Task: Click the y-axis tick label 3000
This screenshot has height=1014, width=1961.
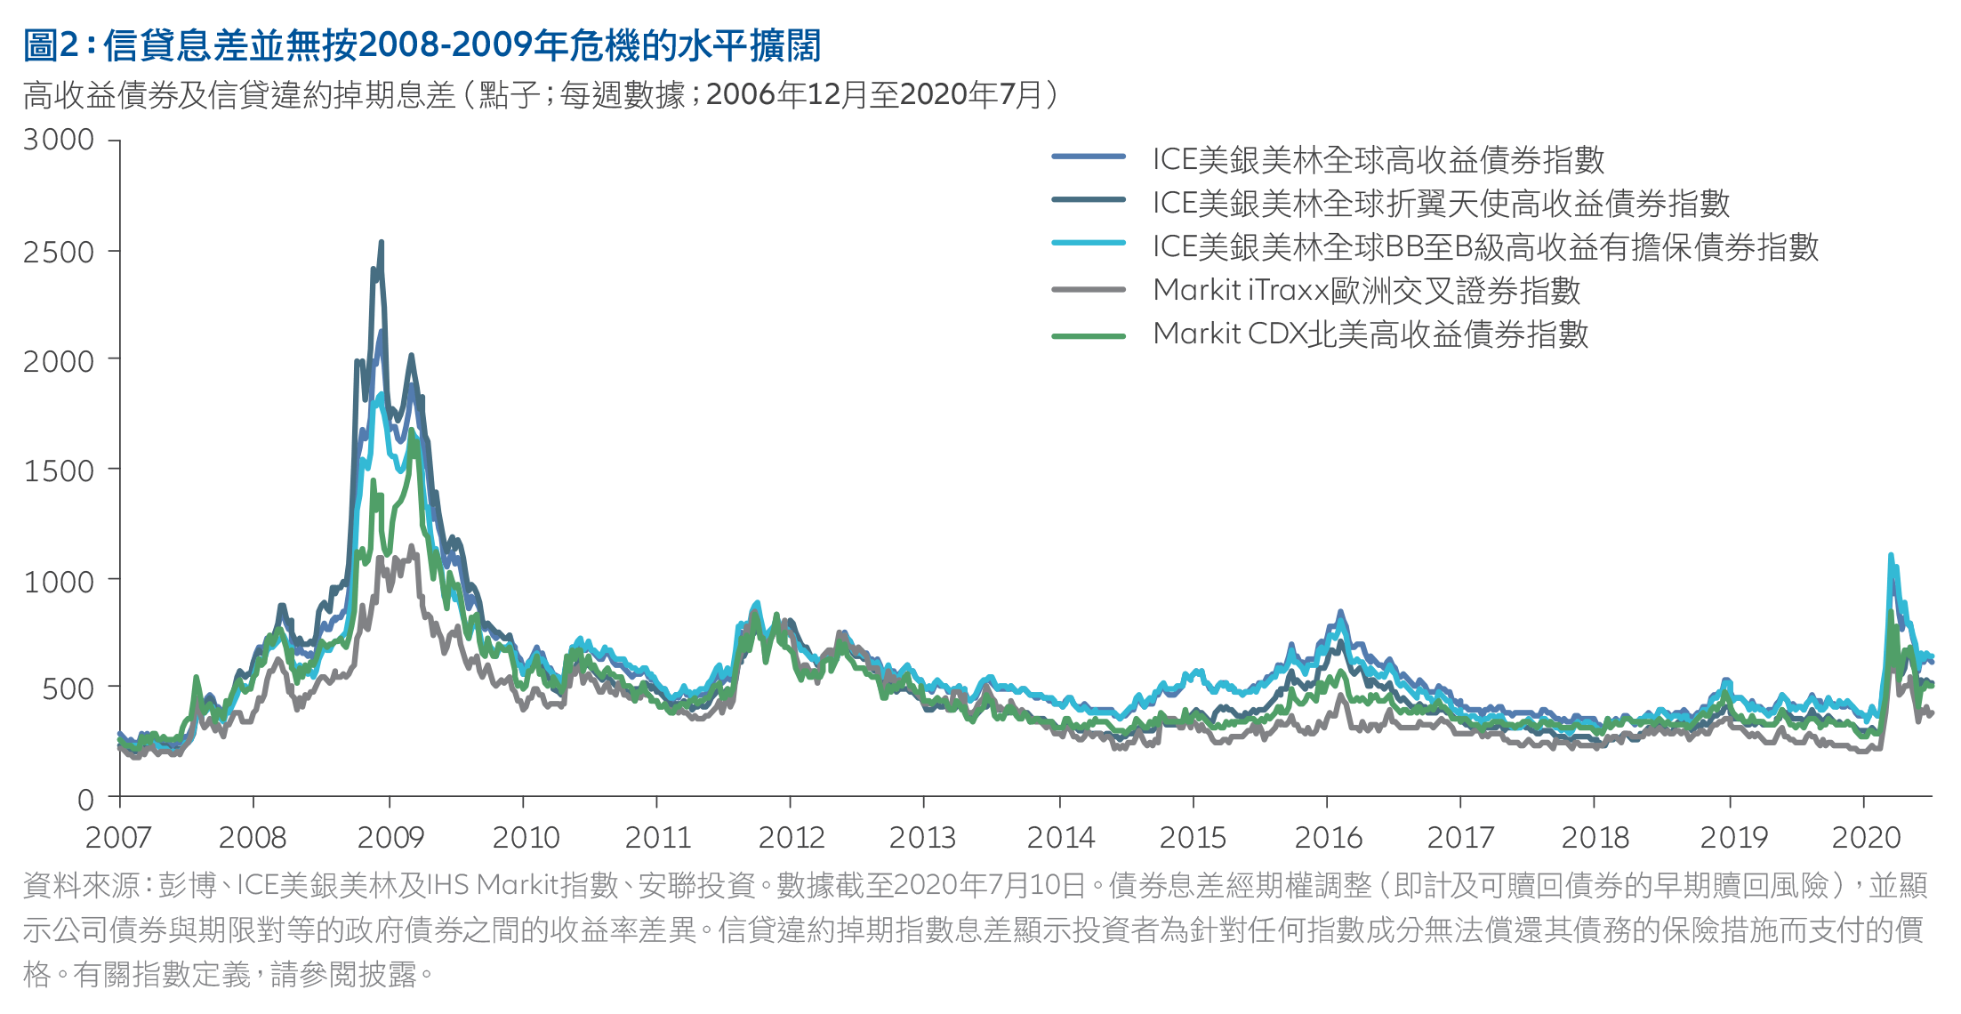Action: click(x=59, y=141)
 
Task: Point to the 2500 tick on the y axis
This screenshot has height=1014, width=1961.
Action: click(x=59, y=252)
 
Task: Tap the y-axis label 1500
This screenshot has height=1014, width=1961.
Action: click(x=59, y=471)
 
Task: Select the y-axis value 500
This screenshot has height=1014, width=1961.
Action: click(x=68, y=689)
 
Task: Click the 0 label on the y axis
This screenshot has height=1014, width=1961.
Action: click(x=85, y=800)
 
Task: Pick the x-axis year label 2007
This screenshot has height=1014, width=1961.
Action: click(x=118, y=838)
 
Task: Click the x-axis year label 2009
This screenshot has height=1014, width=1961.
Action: click(x=390, y=838)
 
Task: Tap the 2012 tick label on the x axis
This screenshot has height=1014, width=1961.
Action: click(x=792, y=838)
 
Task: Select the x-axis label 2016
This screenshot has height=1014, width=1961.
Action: click(x=1328, y=838)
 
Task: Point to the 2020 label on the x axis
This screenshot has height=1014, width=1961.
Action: click(x=1866, y=838)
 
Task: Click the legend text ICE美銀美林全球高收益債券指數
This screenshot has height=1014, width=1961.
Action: click(x=1378, y=160)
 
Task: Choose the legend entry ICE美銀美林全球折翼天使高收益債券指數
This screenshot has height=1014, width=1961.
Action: click(x=1441, y=204)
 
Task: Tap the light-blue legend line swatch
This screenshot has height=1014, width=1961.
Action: click(x=1089, y=243)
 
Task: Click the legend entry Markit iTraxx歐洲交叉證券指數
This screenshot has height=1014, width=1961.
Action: click(x=1366, y=291)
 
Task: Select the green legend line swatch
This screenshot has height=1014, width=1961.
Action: click(x=1089, y=336)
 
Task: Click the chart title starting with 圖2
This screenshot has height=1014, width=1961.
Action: click(x=422, y=45)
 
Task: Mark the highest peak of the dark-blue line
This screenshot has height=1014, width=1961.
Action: click(x=382, y=243)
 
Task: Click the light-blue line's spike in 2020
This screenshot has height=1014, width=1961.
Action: click(x=1891, y=556)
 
